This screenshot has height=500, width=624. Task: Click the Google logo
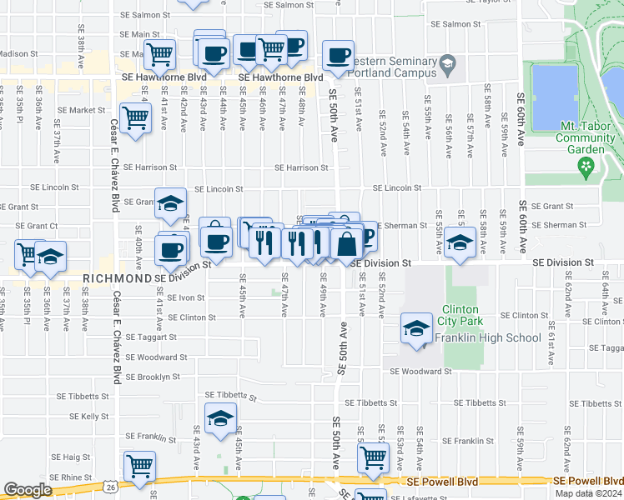(x=28, y=490)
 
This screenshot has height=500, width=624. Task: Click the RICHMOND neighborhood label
(x=117, y=278)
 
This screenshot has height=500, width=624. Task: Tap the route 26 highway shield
(x=111, y=486)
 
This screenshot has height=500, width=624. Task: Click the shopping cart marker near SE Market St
(x=135, y=117)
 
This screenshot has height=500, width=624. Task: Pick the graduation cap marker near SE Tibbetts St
(x=220, y=418)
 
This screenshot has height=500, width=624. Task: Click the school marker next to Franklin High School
(x=416, y=327)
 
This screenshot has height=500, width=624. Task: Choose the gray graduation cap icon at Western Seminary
(x=448, y=63)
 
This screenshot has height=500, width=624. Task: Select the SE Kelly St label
(x=89, y=416)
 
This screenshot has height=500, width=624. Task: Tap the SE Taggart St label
(x=151, y=337)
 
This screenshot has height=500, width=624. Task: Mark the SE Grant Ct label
(x=32, y=225)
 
